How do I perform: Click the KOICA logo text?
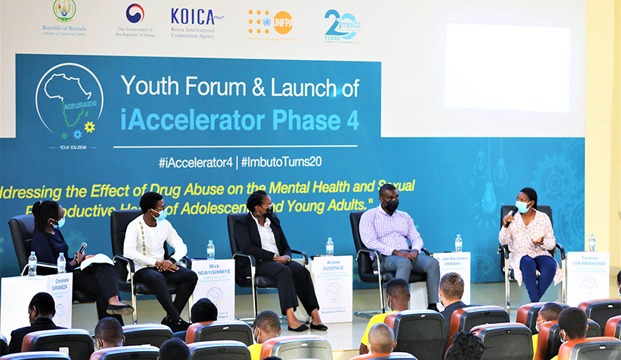[x=192, y=17]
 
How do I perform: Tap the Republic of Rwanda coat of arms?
[x=65, y=11]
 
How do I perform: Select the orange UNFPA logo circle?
[x=282, y=22]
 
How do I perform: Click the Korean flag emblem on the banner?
[x=135, y=13]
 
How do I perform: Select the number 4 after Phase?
[x=352, y=120]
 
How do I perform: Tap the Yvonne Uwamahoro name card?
[x=587, y=277]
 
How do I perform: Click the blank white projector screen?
[x=507, y=67]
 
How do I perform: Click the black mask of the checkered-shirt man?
[x=392, y=205]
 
